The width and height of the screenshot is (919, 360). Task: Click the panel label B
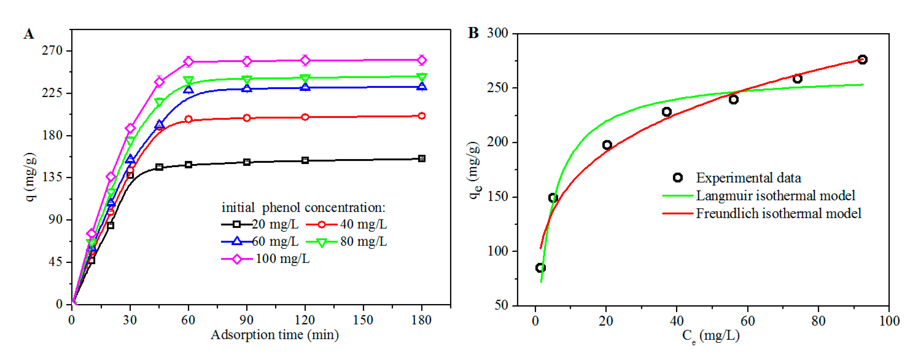click(473, 33)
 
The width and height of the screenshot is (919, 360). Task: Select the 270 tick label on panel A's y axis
click(52, 51)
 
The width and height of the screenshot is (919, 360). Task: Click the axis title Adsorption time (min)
click(274, 335)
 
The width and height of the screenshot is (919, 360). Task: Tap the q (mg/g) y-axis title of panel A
click(31, 177)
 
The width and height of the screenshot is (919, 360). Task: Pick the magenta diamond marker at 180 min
click(422, 60)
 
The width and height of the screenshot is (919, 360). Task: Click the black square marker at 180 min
click(422, 158)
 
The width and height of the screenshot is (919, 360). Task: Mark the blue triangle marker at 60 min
click(188, 90)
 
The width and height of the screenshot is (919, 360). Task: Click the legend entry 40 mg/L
click(363, 224)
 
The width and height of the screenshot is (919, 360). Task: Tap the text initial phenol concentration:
click(303, 207)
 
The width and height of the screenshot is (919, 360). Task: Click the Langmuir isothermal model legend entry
click(775, 195)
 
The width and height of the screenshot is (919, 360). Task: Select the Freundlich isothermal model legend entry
click(778, 213)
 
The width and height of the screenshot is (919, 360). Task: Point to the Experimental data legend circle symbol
click(677, 177)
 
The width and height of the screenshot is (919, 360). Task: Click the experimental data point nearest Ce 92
click(862, 60)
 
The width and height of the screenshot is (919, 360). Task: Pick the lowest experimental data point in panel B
click(540, 268)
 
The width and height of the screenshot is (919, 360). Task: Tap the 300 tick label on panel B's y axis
click(497, 33)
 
